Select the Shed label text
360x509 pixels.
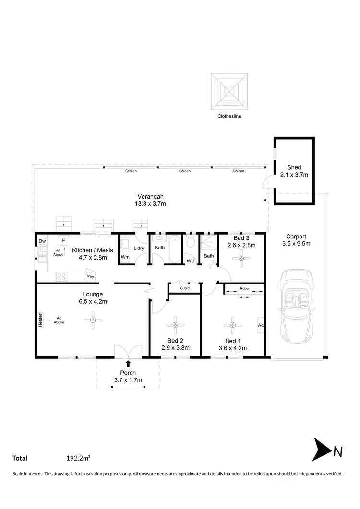294,167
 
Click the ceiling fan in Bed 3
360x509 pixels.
241,259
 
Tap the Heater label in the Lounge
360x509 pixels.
41,321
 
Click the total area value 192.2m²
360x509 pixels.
79,458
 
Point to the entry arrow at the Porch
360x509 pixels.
128,364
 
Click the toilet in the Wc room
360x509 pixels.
191,242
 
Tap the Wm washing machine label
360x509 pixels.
125,257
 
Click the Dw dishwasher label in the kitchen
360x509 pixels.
42,241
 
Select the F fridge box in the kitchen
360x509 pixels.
63,240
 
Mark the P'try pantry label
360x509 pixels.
89,277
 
